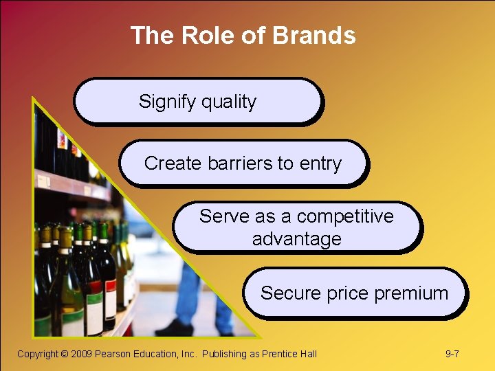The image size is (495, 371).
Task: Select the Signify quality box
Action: click(x=197, y=101)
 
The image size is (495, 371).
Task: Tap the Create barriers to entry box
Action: click(x=243, y=164)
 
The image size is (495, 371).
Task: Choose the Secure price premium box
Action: click(x=354, y=293)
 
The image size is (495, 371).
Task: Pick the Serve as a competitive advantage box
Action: click(x=296, y=227)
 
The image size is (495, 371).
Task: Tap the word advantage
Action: click(x=296, y=239)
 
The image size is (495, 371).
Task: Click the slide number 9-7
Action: click(x=452, y=354)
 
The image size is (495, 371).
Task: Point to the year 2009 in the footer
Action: click(x=81, y=354)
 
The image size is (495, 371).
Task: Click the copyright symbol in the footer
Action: click(x=64, y=354)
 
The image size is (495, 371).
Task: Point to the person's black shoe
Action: click(x=180, y=328)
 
